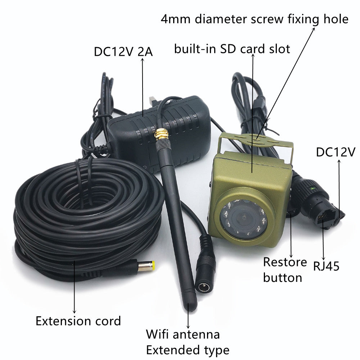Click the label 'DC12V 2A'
123,52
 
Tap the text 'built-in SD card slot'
232,49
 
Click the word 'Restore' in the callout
285,262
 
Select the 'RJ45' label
326,266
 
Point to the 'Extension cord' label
78,321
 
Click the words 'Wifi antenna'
183,334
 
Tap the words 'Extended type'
188,350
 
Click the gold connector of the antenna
161,135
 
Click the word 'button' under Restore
282,278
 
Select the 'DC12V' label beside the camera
336,152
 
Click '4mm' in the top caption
176,19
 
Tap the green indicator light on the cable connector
311,189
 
